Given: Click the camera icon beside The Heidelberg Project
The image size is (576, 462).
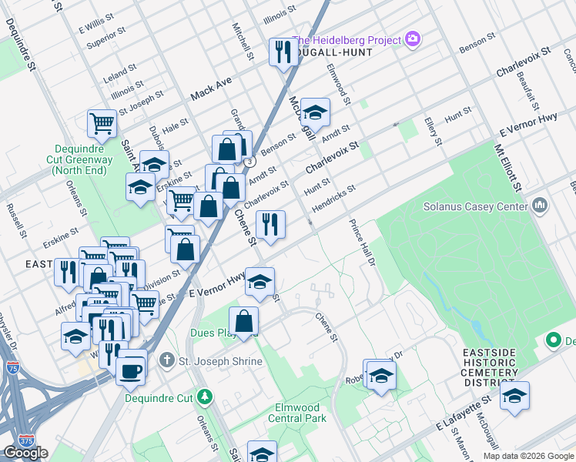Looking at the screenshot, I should (413, 39).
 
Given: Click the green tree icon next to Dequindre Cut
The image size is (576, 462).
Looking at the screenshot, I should (204, 397).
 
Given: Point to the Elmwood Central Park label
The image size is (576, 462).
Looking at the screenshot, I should (297, 413).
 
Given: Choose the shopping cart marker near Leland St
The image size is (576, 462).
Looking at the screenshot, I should (102, 123).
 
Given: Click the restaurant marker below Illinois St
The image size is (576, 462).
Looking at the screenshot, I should (283, 52).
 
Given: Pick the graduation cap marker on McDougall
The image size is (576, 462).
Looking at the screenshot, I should (315, 112).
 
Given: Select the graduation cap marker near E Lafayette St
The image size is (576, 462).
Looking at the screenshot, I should (514, 396).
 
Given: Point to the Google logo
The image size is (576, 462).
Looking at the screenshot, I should (25, 453).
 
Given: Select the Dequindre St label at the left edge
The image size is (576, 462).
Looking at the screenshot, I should (32, 54).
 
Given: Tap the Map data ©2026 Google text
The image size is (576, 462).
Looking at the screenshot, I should (528, 456).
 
